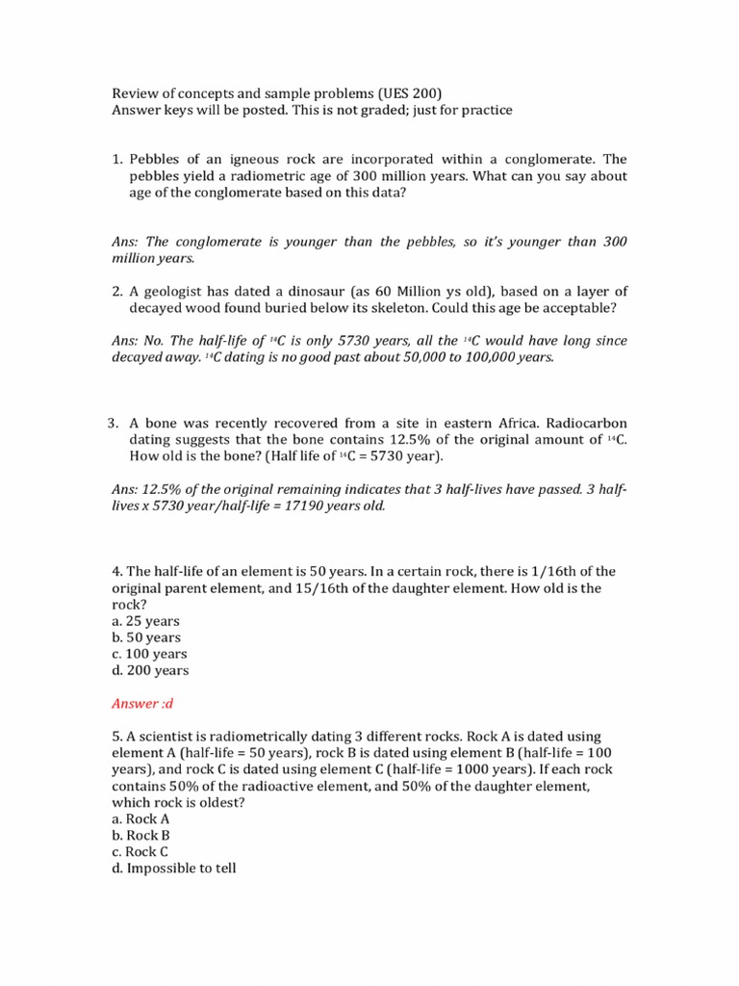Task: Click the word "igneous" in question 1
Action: [x=234, y=159]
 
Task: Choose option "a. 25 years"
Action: [x=146, y=621]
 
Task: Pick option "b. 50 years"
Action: [x=146, y=637]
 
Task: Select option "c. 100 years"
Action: [x=150, y=654]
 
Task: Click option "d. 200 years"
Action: [x=150, y=670]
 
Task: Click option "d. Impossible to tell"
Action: [x=174, y=868]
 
